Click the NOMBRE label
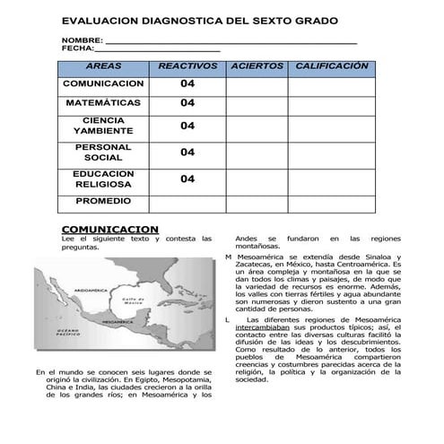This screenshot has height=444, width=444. pos(82,41)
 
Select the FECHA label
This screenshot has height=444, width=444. pos(78,49)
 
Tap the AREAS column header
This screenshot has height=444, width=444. pos(103,66)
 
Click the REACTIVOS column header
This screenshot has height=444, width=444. pos(187,66)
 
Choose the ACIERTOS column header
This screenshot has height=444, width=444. pos(257,66)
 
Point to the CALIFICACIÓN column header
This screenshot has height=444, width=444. pos(332,66)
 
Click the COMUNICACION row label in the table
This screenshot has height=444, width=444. pos(103,83)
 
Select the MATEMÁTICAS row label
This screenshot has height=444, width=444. pos(103,103)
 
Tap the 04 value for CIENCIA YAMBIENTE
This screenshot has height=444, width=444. pos(187,126)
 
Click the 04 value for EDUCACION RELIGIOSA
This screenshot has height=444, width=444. pos(187,178)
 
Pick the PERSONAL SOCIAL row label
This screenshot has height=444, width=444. pos(103,152)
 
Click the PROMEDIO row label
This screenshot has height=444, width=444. pos(103,201)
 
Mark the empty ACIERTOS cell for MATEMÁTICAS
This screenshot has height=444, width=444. pos(257,103)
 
